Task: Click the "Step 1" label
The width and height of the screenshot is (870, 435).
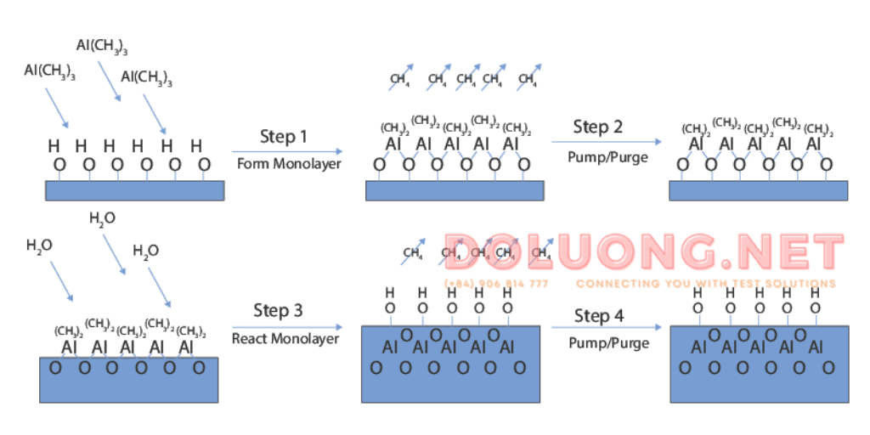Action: tap(284, 137)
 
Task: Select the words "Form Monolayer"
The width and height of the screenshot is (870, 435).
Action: tap(289, 163)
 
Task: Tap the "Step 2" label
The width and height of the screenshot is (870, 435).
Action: tap(597, 127)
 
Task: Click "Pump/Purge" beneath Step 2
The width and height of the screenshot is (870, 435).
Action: tap(607, 157)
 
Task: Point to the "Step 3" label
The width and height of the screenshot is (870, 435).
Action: tap(278, 311)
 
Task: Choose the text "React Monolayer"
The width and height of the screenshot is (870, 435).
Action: tap(285, 338)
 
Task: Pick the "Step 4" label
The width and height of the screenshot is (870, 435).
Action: tap(598, 316)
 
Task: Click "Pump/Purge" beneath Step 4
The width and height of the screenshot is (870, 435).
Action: tap(608, 343)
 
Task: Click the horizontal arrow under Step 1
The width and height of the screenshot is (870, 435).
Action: tap(288, 151)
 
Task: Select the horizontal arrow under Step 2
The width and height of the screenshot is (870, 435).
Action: tap(606, 142)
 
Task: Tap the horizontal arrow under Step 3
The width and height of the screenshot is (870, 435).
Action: tap(286, 326)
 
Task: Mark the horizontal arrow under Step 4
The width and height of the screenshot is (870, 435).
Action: tap(606, 327)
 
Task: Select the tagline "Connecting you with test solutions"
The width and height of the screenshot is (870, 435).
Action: tap(705, 284)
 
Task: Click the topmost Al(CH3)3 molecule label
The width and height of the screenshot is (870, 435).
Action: tap(101, 45)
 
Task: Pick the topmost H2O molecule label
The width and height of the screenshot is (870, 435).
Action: tap(102, 218)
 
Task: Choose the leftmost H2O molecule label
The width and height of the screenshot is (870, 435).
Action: tap(39, 246)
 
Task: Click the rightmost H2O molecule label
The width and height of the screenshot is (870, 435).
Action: tap(145, 251)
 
